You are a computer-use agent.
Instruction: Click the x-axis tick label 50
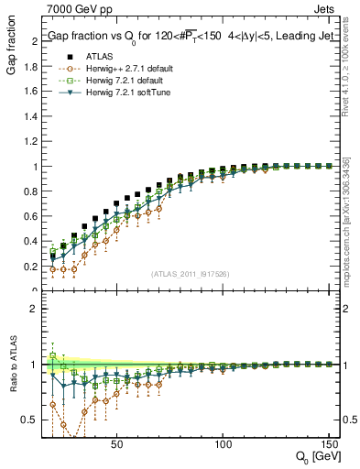click(116, 443)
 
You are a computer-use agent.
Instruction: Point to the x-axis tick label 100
click(223, 443)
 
